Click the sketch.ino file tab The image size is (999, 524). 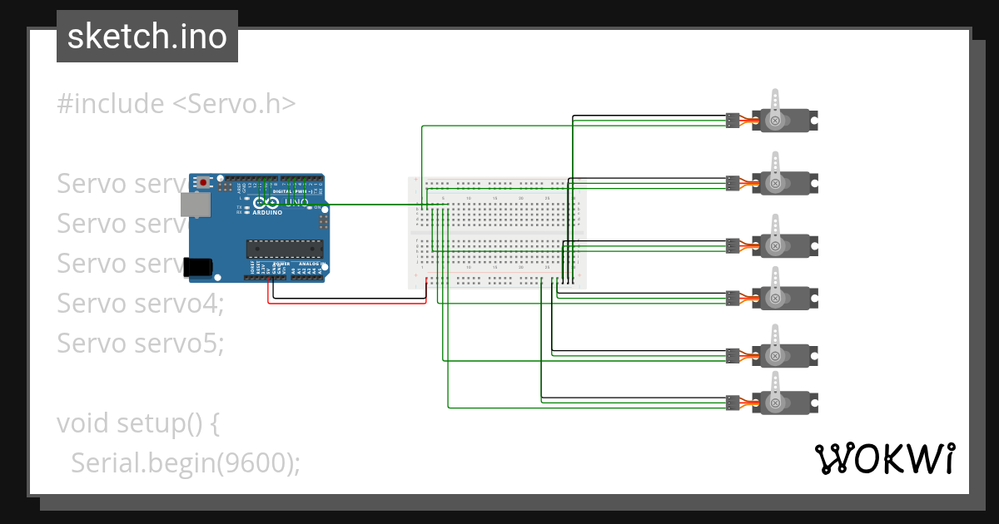(147, 37)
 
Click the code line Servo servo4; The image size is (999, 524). (141, 303)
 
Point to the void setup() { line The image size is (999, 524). (138, 423)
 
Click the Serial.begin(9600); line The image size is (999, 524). (185, 462)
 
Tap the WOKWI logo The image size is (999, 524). (884, 458)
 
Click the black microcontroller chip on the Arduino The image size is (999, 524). (283, 247)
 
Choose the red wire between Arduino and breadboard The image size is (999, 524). (350, 303)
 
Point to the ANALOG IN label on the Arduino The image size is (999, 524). (310, 264)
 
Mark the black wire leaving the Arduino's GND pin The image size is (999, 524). (350, 296)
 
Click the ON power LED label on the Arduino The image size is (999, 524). (318, 207)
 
